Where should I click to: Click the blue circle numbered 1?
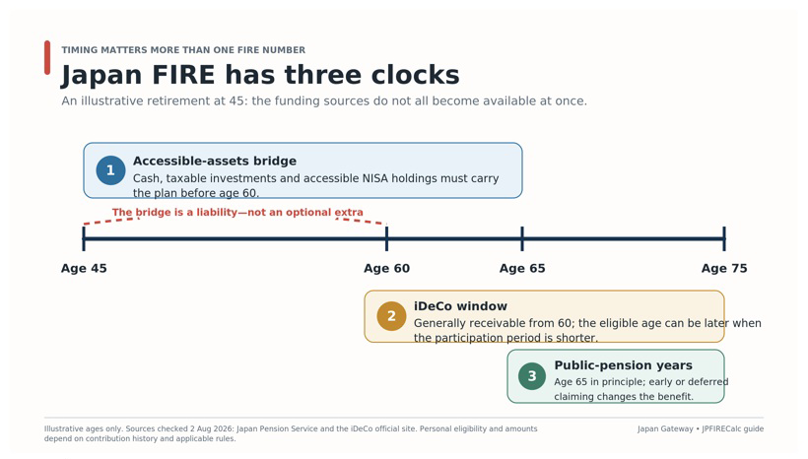[110, 170]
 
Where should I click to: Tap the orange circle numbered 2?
[391, 316]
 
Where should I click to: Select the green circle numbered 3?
[532, 376]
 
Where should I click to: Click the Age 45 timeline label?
[84, 268]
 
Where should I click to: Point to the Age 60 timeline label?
[387, 268]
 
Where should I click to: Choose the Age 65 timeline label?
[522, 268]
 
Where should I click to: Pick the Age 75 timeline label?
[724, 268]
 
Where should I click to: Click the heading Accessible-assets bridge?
[215, 162]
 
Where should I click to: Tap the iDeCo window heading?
[461, 306]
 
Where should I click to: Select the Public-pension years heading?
[623, 365]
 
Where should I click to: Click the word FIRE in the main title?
[183, 75]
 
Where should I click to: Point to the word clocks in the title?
[416, 75]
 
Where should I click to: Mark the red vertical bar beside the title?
[47, 58]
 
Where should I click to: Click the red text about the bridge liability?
[237, 212]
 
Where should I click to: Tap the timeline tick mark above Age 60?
[387, 238]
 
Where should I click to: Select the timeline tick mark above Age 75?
[724, 238]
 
